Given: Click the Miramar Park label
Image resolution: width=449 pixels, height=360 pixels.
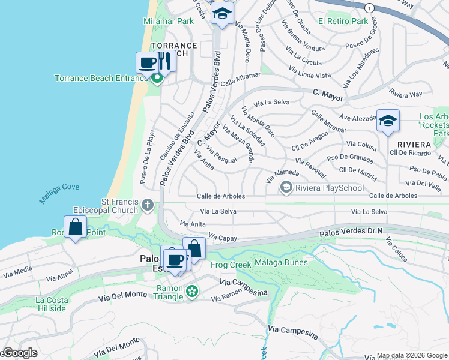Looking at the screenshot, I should (x=169, y=21).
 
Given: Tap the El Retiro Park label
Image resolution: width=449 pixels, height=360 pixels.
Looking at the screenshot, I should (x=343, y=21).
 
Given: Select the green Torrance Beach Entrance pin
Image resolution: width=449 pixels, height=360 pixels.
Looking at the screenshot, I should (x=157, y=79).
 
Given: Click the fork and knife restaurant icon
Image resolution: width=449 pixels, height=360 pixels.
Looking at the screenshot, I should (x=164, y=61).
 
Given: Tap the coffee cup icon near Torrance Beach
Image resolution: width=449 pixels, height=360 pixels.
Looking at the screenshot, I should (x=148, y=62).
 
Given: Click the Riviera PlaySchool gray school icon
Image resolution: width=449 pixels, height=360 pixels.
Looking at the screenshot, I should (x=286, y=188).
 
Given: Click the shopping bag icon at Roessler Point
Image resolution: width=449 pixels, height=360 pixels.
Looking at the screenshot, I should (x=75, y=227).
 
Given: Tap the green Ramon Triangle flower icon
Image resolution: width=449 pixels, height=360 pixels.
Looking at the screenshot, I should (x=192, y=292).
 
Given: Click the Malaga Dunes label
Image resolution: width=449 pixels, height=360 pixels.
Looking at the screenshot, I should (x=281, y=262).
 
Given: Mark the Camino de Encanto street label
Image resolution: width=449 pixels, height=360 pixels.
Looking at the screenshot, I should (x=178, y=136).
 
